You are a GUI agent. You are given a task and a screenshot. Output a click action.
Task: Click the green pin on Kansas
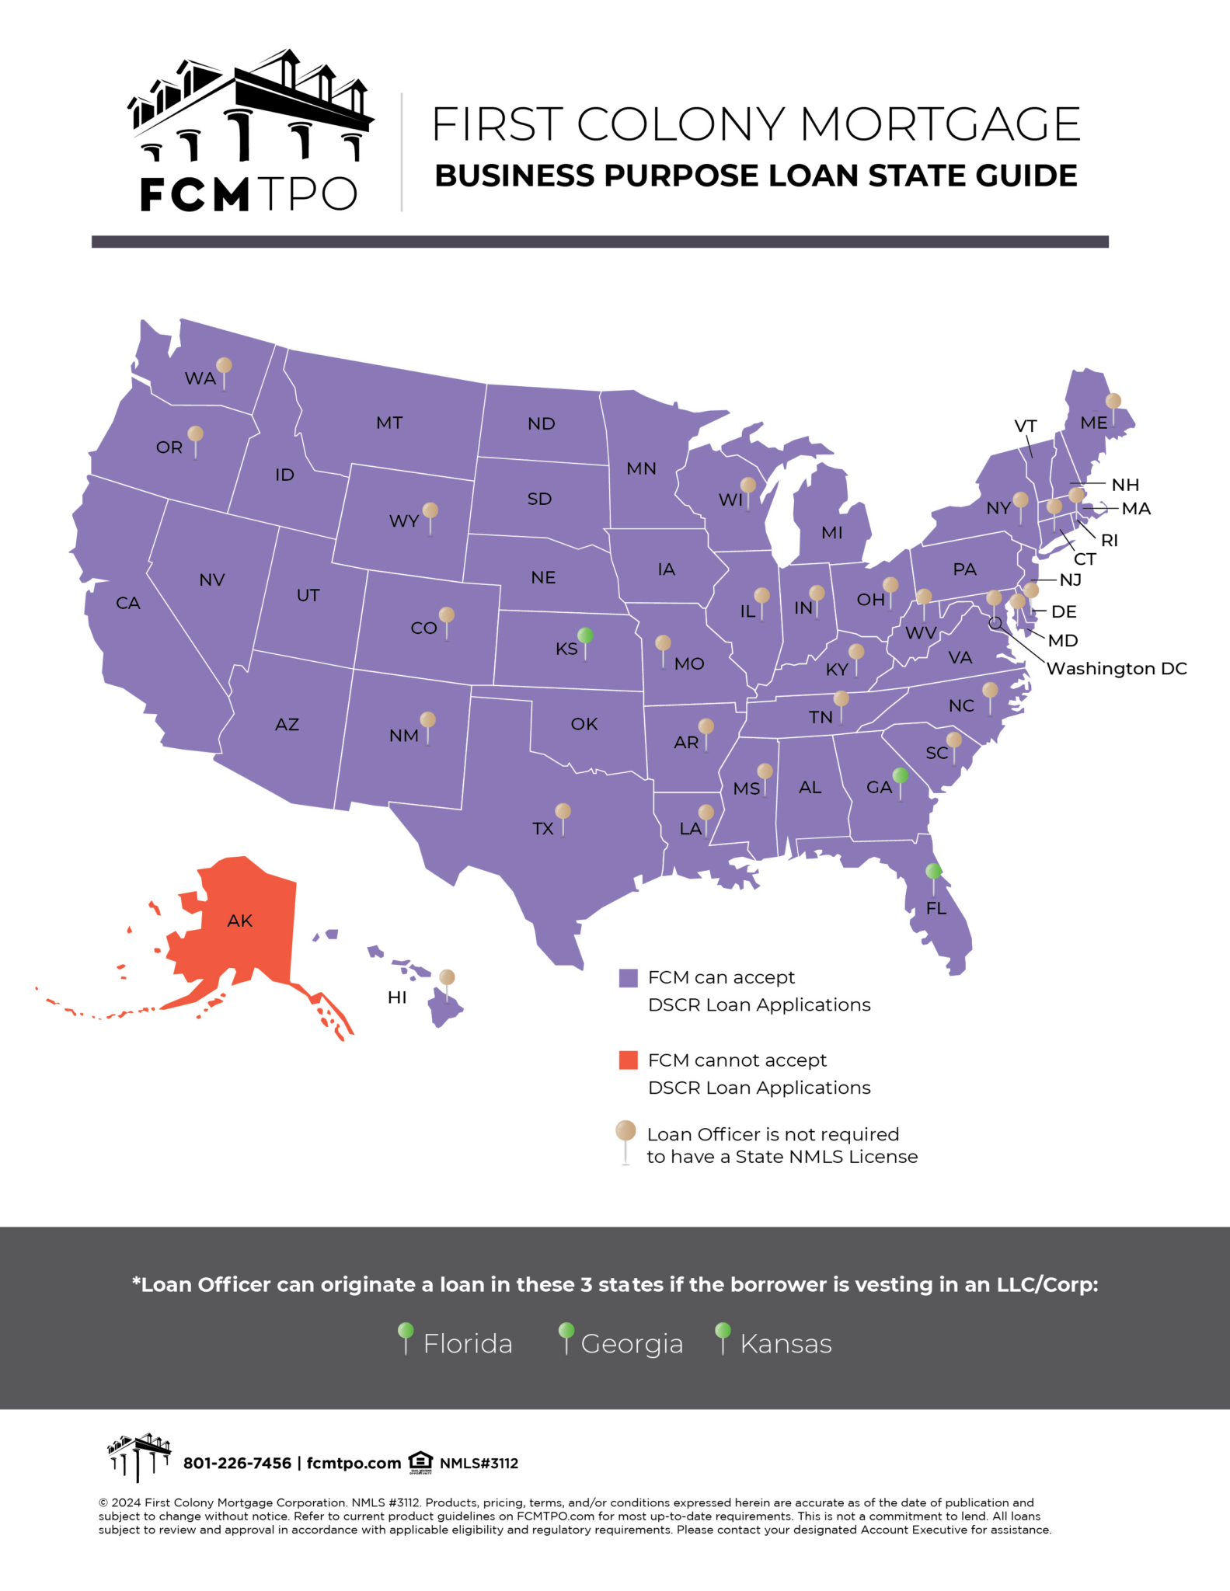pos(586,636)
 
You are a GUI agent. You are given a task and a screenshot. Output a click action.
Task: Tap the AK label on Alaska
pos(240,921)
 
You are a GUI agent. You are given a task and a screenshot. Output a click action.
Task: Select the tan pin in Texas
pos(563,812)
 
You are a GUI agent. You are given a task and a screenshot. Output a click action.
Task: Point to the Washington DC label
pos(1117,669)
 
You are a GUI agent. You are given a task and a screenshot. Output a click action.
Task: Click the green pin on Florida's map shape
pos(934,872)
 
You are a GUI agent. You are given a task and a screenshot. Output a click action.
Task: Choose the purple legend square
pos(628,978)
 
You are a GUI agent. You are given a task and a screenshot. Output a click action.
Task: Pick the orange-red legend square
pos(628,1060)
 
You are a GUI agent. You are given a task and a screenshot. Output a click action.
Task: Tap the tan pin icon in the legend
pos(625,1132)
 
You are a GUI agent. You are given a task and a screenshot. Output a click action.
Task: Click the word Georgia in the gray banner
pos(632,1344)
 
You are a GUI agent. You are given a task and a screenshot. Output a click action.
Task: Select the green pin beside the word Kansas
pos(723,1332)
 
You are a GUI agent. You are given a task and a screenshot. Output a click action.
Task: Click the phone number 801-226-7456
pos(237,1464)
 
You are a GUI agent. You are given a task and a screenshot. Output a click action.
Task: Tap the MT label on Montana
pos(389,423)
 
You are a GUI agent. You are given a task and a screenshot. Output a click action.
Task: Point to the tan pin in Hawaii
pos(447,978)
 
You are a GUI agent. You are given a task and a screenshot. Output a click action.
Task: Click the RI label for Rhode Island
pos(1110,541)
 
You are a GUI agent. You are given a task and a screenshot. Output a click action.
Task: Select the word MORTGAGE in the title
pos(940,124)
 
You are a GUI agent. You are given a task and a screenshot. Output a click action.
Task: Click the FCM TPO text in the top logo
pos(249,194)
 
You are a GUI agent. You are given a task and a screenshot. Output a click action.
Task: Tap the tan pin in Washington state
pos(224,366)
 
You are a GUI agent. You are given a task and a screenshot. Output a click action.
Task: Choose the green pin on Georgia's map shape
pos(901,776)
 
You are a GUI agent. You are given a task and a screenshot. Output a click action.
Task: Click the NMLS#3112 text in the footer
pos(479,1464)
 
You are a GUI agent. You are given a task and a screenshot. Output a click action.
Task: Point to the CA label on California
pos(128,604)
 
